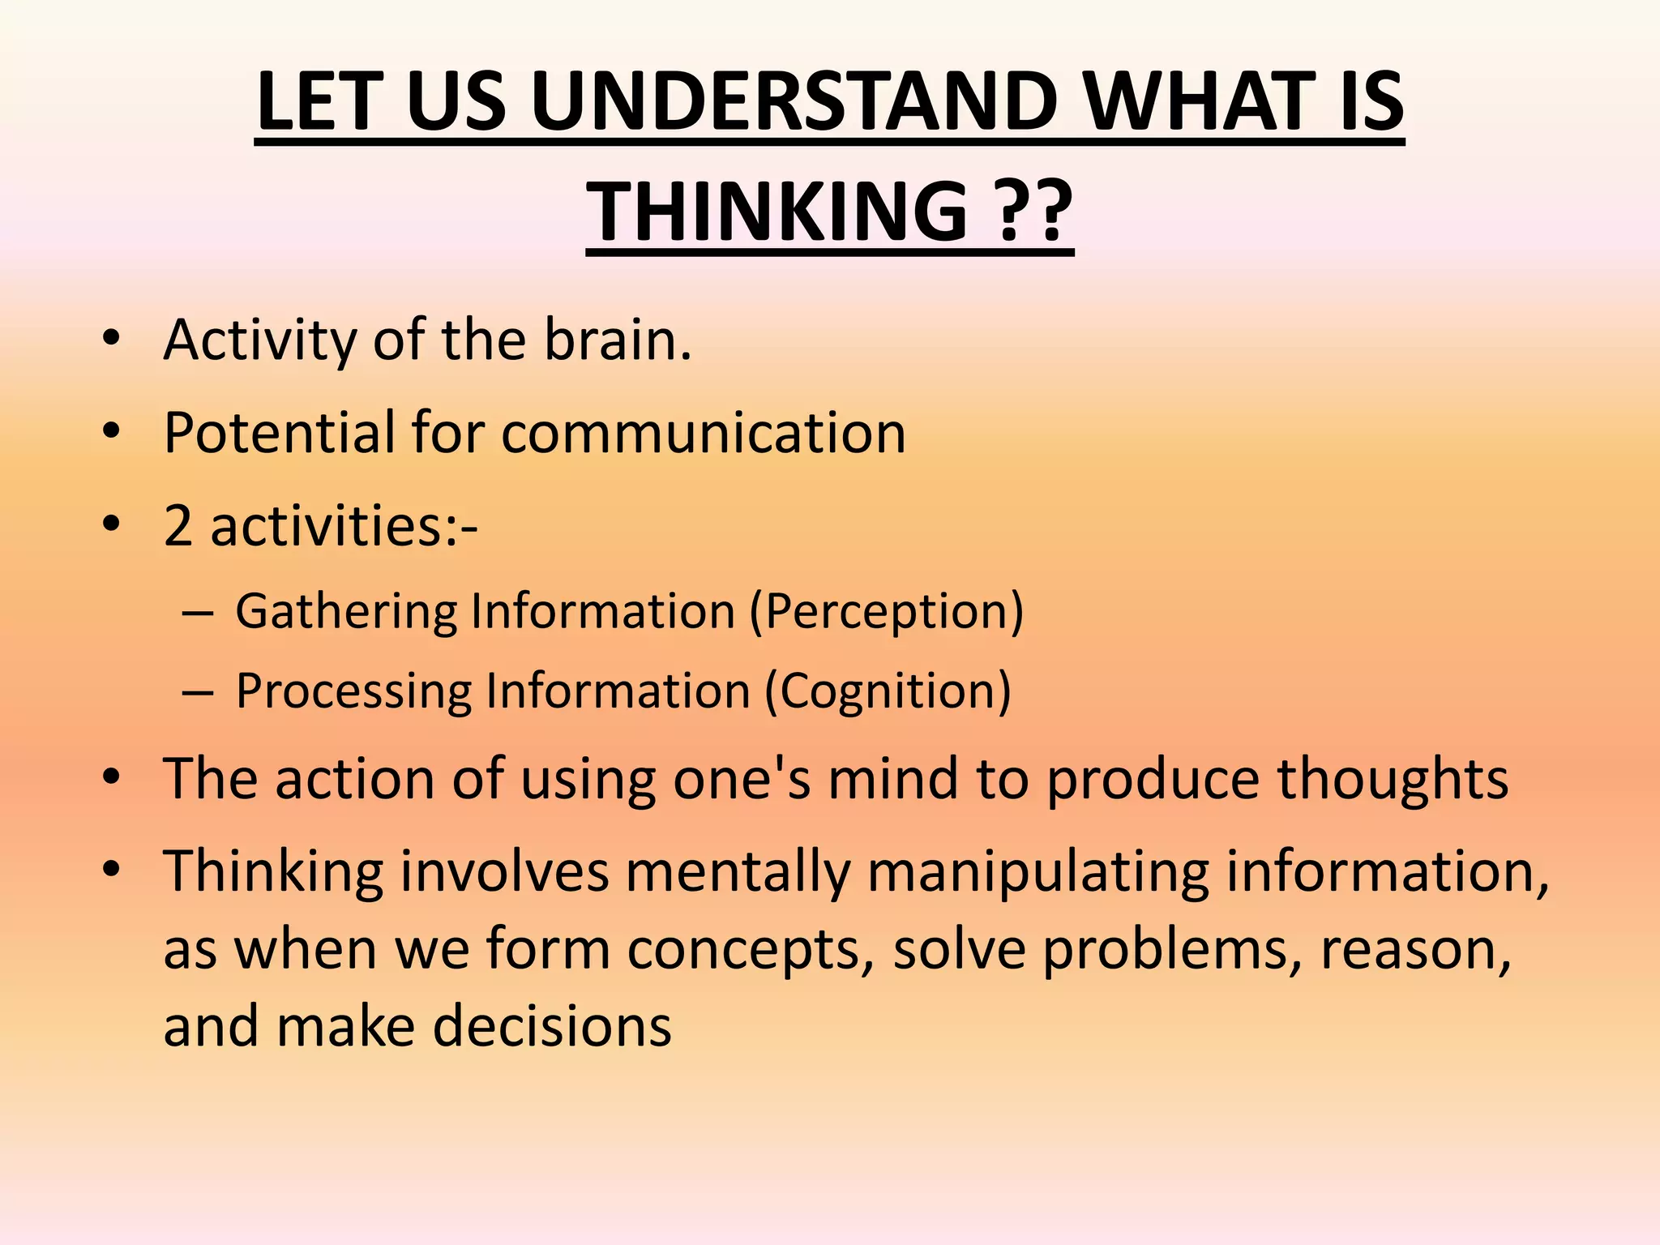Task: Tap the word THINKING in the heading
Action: (777, 212)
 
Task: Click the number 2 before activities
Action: (178, 526)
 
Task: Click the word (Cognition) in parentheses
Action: (888, 691)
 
